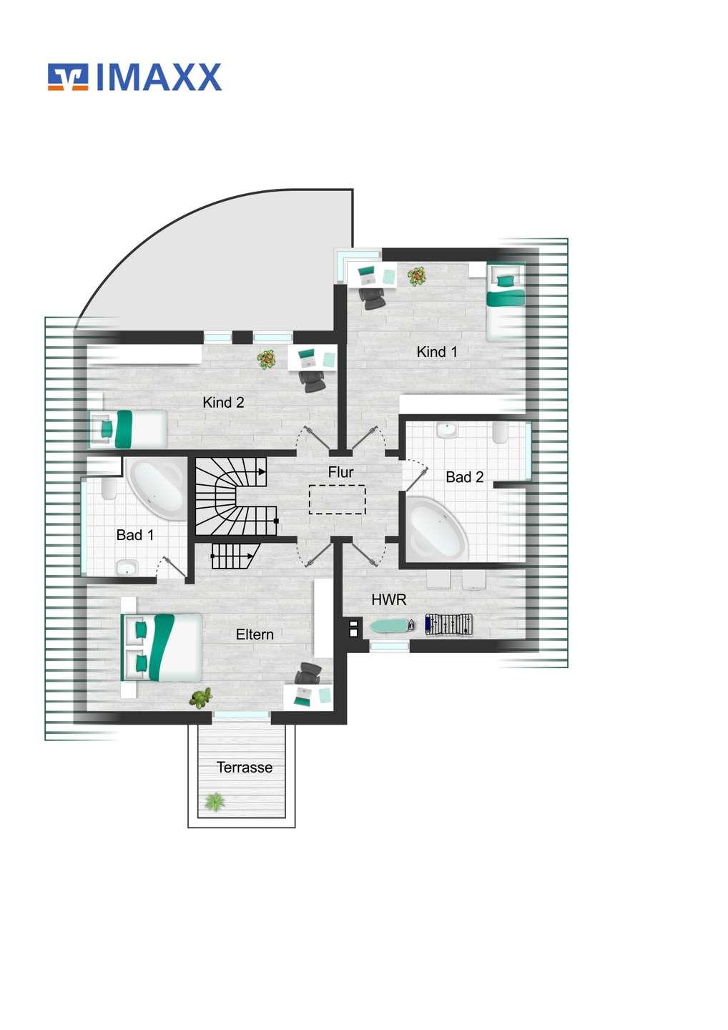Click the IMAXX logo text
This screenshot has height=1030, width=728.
(159, 77)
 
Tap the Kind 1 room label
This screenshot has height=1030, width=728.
(437, 352)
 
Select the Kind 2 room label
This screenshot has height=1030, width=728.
(223, 402)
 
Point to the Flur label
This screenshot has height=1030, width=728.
(340, 472)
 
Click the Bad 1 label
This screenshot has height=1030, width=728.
(135, 535)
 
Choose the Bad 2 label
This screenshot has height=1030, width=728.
(465, 477)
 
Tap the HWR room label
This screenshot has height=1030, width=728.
(389, 599)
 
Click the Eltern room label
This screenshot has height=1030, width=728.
(255, 634)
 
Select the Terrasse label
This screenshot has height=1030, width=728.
(245, 767)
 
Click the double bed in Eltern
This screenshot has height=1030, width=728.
(162, 647)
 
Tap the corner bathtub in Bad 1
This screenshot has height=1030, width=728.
(156, 490)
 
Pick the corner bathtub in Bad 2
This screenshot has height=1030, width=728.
(437, 529)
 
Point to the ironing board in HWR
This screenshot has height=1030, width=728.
(393, 625)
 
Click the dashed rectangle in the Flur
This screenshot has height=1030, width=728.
(338, 499)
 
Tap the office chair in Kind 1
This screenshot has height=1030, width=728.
(373, 298)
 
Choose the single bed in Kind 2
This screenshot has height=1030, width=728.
(128, 429)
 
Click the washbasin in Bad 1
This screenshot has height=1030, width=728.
(127, 569)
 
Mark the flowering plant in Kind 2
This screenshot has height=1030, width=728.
(266, 359)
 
